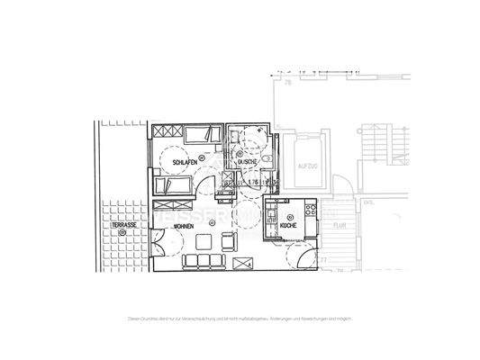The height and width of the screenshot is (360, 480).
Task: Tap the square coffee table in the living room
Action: click(204, 241)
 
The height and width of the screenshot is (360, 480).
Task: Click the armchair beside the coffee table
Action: click(226, 240)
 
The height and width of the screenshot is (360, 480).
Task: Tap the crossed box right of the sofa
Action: click(242, 263)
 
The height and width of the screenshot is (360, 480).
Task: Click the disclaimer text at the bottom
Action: click(240, 319)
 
